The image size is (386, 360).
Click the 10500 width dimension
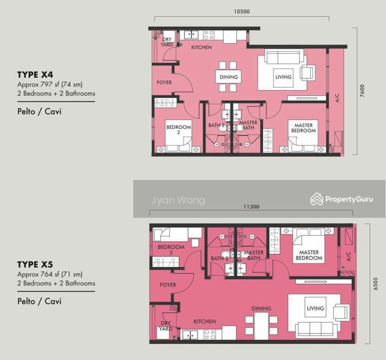(241, 11)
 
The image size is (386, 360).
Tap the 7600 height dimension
(362, 91)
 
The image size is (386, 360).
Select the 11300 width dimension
(251, 206)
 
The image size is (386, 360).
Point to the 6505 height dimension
(375, 284)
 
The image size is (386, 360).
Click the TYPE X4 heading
(35, 74)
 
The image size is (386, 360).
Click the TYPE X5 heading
(35, 265)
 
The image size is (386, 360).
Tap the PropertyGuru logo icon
(316, 199)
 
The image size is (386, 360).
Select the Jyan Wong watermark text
(178, 200)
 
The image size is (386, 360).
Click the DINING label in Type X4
(229, 77)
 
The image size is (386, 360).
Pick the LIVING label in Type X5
(315, 308)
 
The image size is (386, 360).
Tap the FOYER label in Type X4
(164, 82)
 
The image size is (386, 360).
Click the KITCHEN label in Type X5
(205, 322)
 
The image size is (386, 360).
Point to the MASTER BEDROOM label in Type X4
(303, 128)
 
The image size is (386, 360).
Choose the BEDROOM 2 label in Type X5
(171, 250)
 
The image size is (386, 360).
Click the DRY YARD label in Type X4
(167, 42)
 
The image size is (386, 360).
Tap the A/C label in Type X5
(348, 256)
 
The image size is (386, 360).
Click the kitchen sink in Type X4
(191, 35)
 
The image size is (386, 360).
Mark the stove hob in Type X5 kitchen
(210, 335)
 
